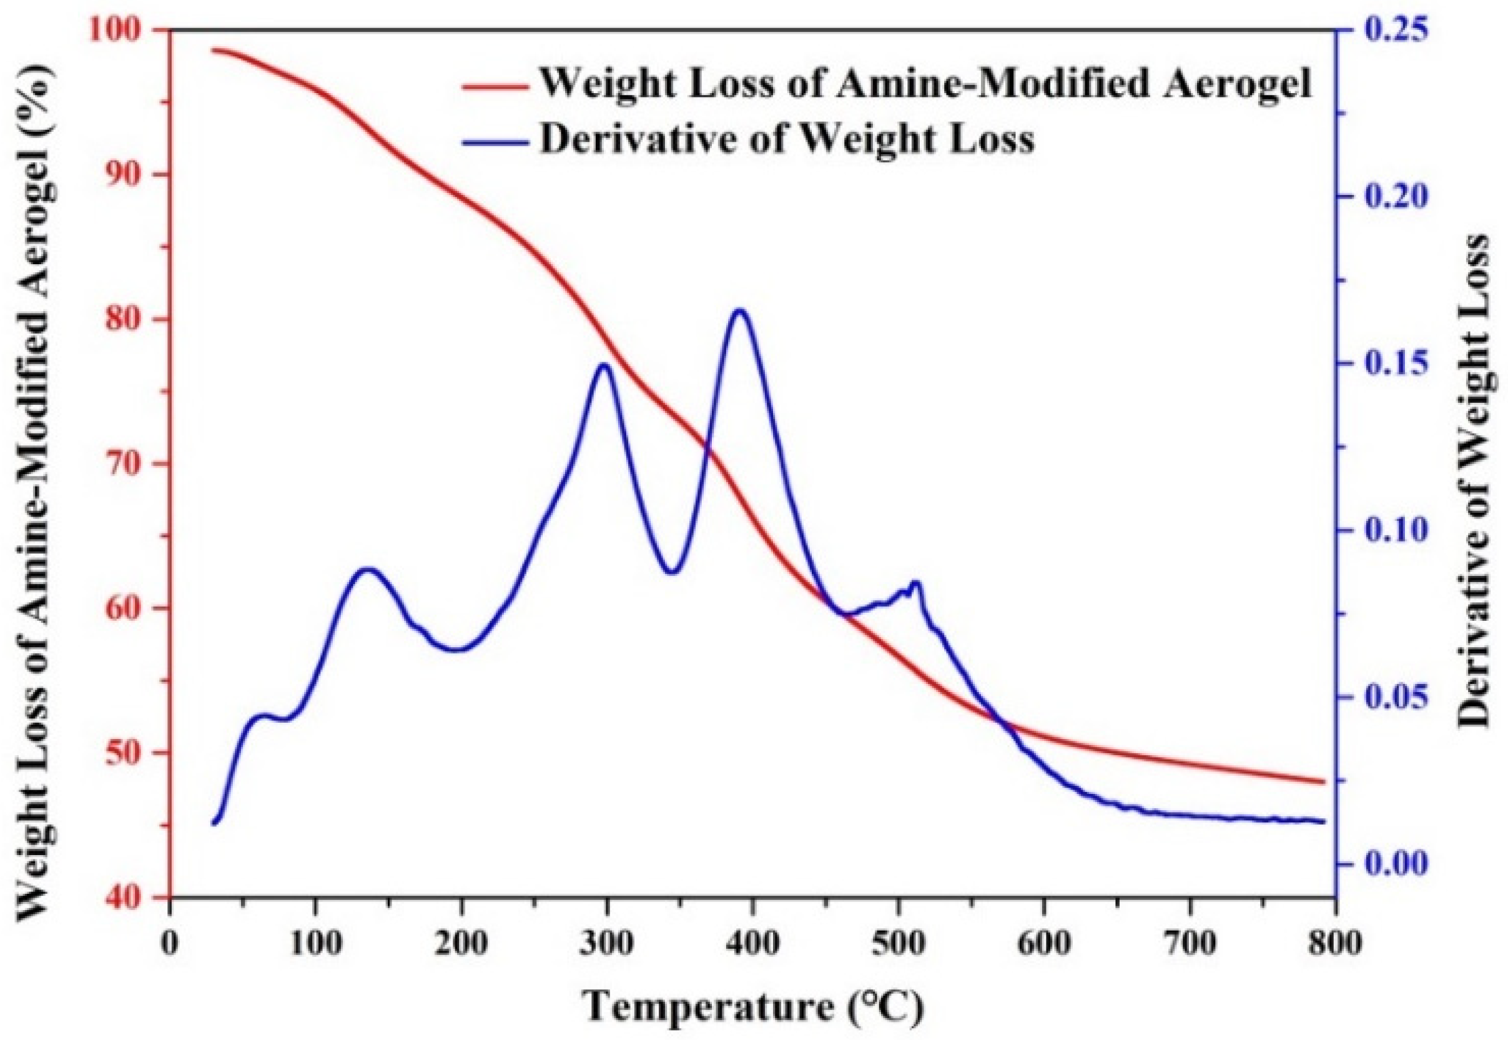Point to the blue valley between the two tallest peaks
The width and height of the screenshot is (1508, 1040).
[673, 572]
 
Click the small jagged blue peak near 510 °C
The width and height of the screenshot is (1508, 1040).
[917, 582]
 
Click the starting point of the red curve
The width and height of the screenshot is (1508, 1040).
[214, 49]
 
